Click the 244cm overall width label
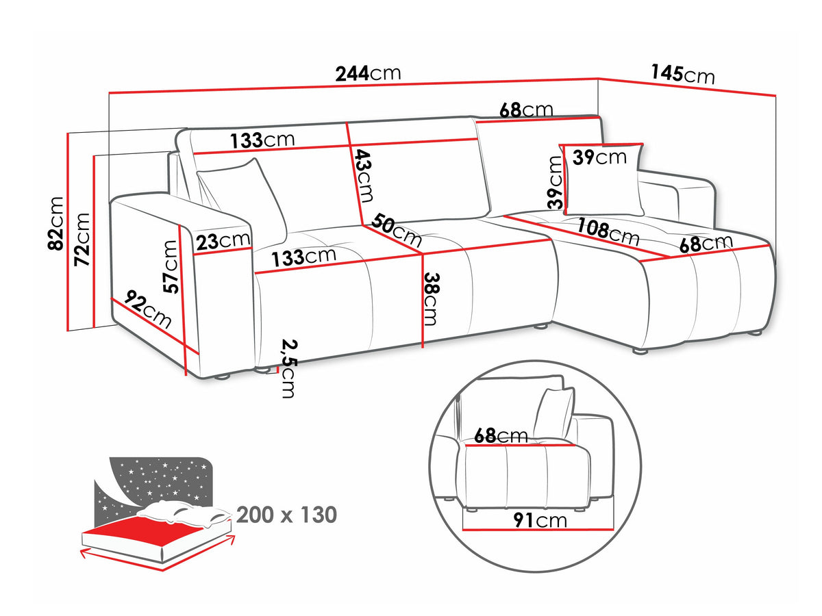tap(368, 73)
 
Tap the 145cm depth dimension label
tap(683, 74)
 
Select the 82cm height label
tap(55, 223)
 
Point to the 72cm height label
tap(82, 240)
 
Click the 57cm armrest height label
tap(170, 267)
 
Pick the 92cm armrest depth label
tap(148, 309)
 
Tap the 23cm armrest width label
tap(223, 240)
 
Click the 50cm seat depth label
tap(397, 230)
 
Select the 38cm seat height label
tap(430, 299)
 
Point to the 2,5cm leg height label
tap(289, 369)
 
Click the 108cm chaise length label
tap(608, 231)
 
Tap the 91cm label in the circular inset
tap(540, 520)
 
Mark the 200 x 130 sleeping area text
tap(287, 515)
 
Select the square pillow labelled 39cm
tap(603, 179)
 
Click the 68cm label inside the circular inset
tap(501, 436)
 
